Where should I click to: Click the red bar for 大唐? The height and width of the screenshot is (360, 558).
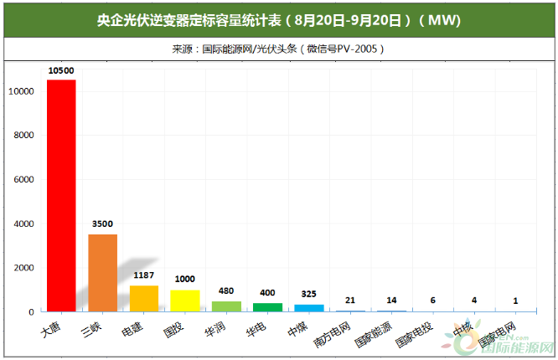61,195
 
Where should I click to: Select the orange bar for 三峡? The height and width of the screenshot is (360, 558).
102,272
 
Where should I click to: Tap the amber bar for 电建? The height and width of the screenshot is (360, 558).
143,298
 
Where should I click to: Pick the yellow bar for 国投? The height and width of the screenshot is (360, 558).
185,301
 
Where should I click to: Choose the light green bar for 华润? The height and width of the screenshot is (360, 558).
226,306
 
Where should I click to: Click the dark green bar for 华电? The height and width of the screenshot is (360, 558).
267,307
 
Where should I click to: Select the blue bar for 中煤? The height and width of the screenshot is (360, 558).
309,308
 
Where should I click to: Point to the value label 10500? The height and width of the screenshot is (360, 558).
61,72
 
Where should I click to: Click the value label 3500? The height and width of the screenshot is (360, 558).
102,224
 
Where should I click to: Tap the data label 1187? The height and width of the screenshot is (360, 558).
144,275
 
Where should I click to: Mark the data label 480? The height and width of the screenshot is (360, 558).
226,291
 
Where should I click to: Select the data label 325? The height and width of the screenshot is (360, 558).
309,295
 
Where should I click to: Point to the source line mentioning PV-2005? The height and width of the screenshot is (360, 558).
279,49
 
